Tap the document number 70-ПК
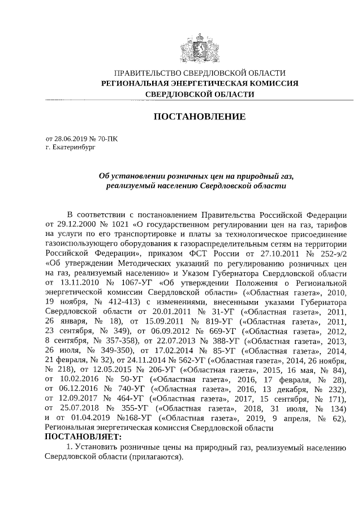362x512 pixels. click(107, 137)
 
